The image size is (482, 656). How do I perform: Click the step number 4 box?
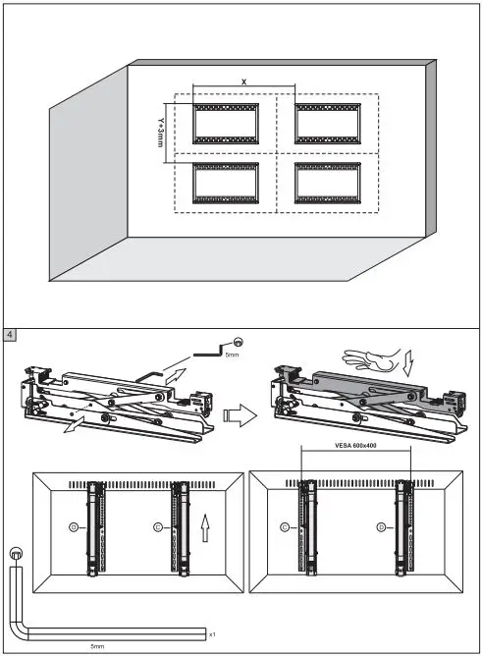click(x=11, y=335)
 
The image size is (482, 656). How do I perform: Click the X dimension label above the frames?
click(x=244, y=82)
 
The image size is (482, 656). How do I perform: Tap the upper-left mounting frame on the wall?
click(x=225, y=123)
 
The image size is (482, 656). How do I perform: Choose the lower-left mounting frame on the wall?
click(x=225, y=183)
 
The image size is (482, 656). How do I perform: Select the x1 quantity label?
click(x=213, y=635)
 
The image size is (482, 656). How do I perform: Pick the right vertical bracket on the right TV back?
click(x=401, y=530)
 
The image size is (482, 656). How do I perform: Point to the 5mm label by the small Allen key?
click(x=232, y=355)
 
